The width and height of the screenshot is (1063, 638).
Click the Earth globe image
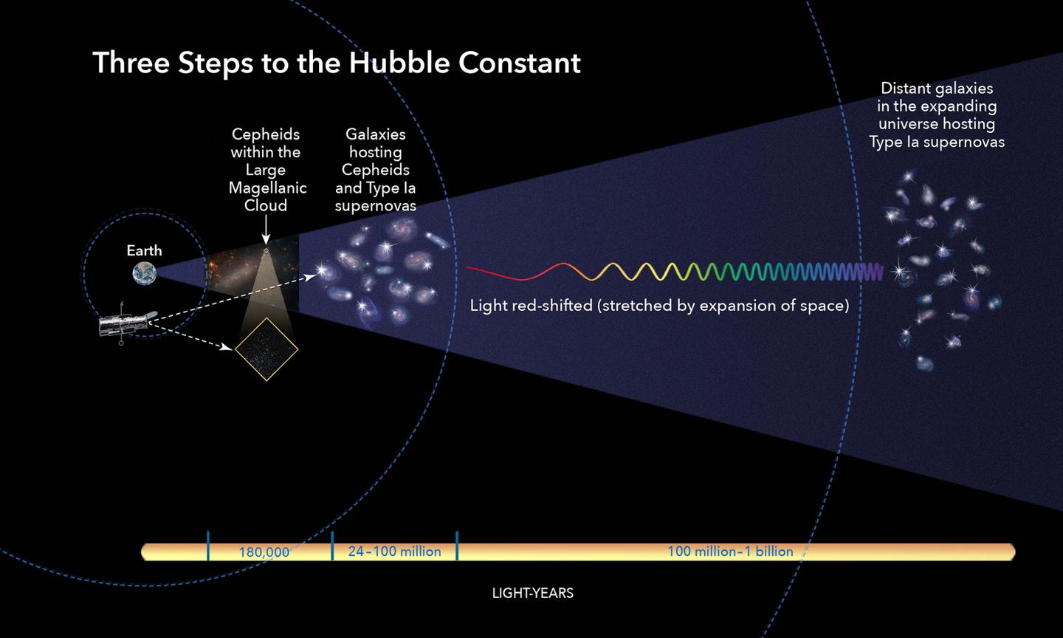click(x=145, y=274)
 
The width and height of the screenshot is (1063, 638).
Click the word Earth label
click(x=144, y=250)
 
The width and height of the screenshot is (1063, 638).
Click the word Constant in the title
click(x=519, y=63)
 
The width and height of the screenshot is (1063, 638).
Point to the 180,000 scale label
click(x=264, y=552)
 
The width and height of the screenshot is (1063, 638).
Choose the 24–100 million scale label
click(x=394, y=551)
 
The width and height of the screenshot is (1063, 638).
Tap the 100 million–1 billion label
click(x=729, y=551)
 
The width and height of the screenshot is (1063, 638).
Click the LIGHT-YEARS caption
click(x=532, y=593)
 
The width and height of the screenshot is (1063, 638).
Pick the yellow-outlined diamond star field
click(x=266, y=349)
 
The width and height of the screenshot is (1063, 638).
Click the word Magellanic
click(x=267, y=188)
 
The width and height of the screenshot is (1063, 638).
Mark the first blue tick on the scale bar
click(x=208, y=546)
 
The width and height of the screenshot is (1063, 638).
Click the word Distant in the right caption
click(x=906, y=89)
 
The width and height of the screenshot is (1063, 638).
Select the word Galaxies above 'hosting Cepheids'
click(x=376, y=134)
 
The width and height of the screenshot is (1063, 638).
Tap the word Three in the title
click(x=131, y=63)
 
